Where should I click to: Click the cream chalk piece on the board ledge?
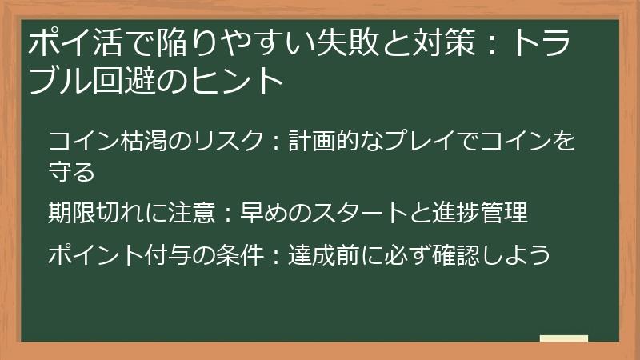pos(564,339)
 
